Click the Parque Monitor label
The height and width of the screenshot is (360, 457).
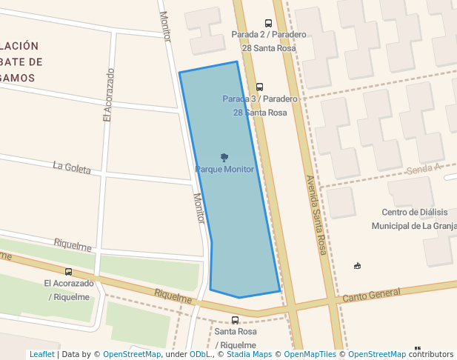coord(224,170)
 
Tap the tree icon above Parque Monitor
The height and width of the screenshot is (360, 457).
coord(224,157)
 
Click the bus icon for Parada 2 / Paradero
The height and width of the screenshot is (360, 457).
coord(268,23)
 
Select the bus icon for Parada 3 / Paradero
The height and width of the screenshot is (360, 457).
coord(259,87)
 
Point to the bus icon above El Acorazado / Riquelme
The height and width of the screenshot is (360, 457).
coord(69,272)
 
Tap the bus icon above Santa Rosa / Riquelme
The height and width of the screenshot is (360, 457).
coord(236,320)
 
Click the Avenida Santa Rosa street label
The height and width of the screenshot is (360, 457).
coord(316,215)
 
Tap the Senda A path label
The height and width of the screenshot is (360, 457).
coord(424,170)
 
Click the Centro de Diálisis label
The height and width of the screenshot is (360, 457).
coord(415,213)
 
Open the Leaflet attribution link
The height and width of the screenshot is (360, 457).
coord(41,354)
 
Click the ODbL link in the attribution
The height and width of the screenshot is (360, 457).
coord(199,354)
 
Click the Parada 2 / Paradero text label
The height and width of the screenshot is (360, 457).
coord(268,35)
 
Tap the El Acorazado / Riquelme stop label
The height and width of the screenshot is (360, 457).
coord(69,290)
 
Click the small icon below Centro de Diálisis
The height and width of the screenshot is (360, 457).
coord(358,265)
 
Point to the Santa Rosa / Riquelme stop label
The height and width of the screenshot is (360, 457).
coord(236,338)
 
